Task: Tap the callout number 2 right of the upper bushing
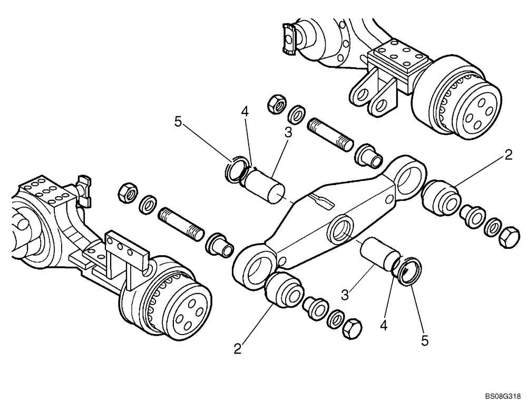[508, 154]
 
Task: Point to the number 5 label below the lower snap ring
[425, 340]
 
